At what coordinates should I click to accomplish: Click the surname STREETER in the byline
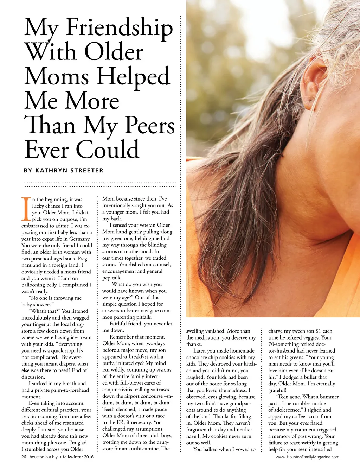87,171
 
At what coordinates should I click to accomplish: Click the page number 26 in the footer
24,457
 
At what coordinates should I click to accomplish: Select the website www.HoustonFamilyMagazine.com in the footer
307,457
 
